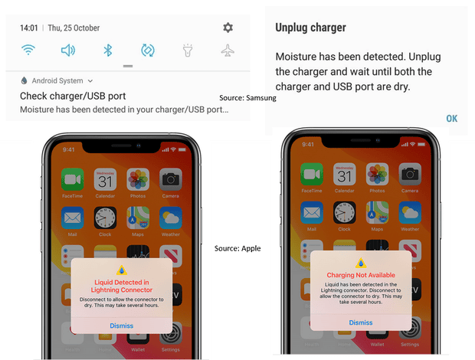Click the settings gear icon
pyautogui.click(x=228, y=28)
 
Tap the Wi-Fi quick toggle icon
pyautogui.click(x=29, y=51)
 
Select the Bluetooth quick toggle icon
pyautogui.click(x=108, y=51)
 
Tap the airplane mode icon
pyautogui.click(x=228, y=51)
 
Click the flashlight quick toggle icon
pyautogui.click(x=188, y=51)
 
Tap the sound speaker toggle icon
pyautogui.click(x=68, y=51)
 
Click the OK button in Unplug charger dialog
pyautogui.click(x=451, y=118)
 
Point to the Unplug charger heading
pyautogui.click(x=310, y=28)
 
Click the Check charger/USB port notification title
pyautogui.click(x=73, y=97)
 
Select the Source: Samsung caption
pyautogui.click(x=247, y=98)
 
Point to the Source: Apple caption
pyautogui.click(x=237, y=248)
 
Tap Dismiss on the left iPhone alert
pyautogui.click(x=121, y=326)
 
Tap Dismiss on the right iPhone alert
pyautogui.click(x=361, y=322)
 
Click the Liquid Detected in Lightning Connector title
pyautogui.click(x=121, y=286)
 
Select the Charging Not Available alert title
pyautogui.click(x=361, y=275)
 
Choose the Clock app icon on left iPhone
pyautogui.click(x=105, y=218)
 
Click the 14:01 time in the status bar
pyautogui.click(x=29, y=28)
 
